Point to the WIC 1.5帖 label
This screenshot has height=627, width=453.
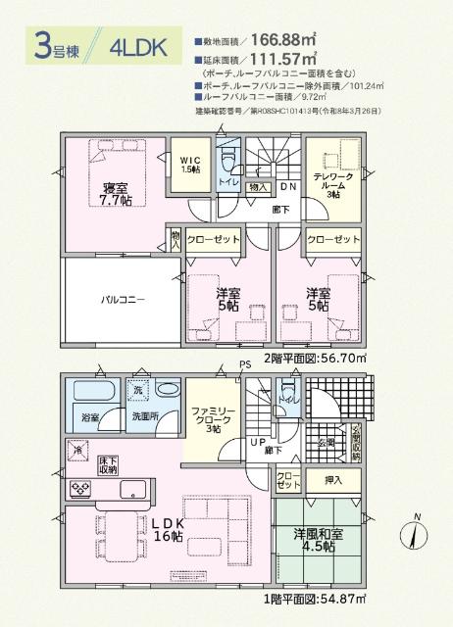coord(190,164)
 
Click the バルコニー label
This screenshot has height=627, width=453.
coord(122,300)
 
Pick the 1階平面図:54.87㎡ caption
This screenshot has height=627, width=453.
coord(315,599)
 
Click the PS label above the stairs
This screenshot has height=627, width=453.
coord(245,366)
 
